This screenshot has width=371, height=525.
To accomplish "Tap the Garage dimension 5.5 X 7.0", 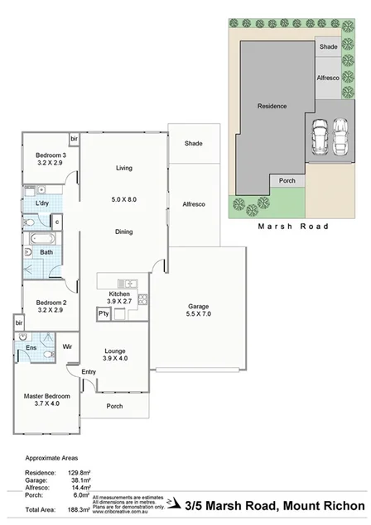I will [x=198, y=313].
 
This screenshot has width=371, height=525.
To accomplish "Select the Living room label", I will [x=123, y=169].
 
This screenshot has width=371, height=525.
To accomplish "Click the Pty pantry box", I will [x=104, y=313].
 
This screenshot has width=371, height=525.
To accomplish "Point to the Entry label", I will [x=89, y=373].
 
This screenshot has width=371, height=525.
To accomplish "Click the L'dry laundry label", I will [x=43, y=203].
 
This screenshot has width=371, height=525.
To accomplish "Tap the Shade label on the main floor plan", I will [x=194, y=144].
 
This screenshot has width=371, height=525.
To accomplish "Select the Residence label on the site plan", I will [x=272, y=106].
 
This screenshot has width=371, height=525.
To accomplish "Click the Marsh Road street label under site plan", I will [x=292, y=226].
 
